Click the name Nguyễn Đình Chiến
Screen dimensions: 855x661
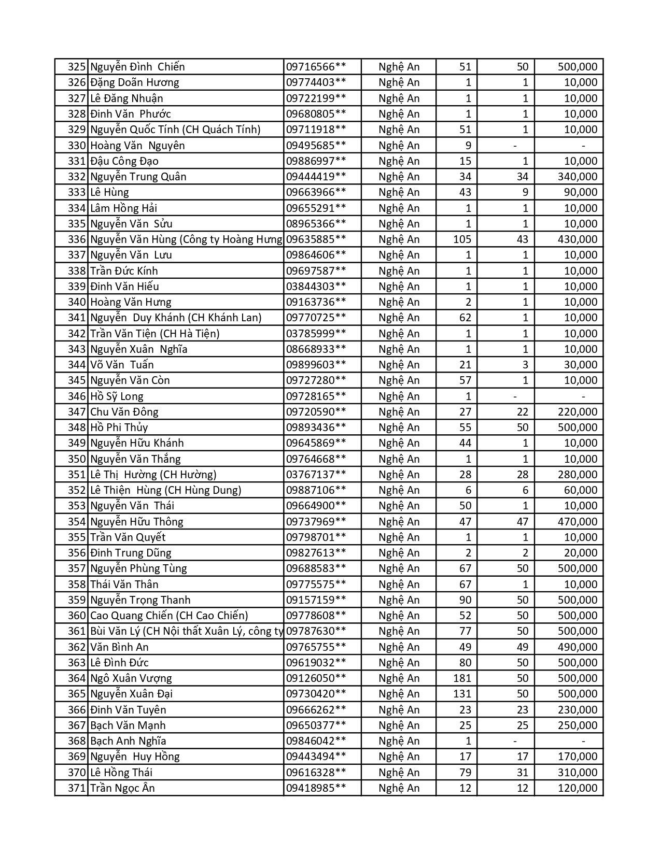coord(137,67)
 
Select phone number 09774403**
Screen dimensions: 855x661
coord(316,82)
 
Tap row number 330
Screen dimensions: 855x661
coord(76,146)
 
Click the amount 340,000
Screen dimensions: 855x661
coord(577,177)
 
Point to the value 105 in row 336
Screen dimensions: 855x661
coord(462,239)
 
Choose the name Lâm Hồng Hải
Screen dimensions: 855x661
coord(123,208)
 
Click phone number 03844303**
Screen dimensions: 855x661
coord(316,287)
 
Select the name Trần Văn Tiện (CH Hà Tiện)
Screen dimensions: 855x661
coord(154,334)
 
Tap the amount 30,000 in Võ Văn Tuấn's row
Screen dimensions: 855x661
coord(580,365)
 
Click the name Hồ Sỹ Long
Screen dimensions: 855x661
coord(117,396)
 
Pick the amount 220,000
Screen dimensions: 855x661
coord(577,412)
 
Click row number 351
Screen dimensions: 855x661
coord(76,475)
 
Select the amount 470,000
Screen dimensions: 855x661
coord(577,522)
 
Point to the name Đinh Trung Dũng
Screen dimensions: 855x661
coord(131,553)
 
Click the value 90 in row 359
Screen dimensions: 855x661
coord(465,600)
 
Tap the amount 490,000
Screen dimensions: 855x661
coord(577,647)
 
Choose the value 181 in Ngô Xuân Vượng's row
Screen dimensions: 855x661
coord(462,678)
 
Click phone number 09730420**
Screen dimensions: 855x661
coord(316,694)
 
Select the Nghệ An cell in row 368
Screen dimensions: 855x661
coord(399,741)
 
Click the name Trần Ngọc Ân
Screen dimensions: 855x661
coord(122,788)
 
